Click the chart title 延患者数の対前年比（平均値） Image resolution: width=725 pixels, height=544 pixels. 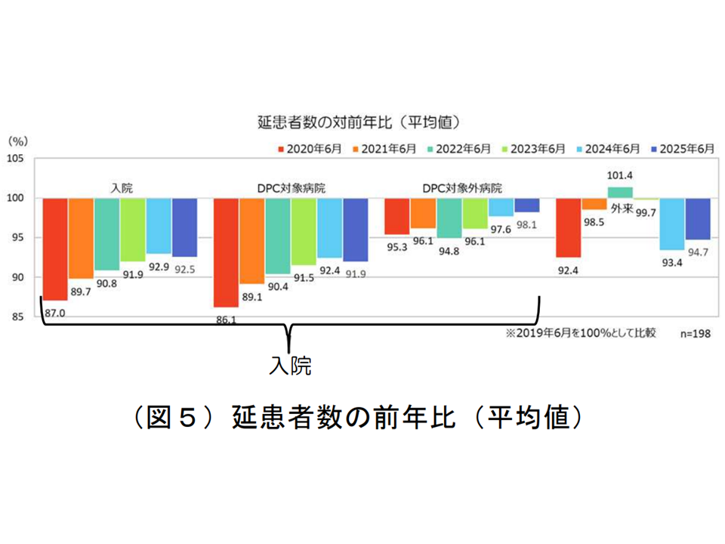(359, 121)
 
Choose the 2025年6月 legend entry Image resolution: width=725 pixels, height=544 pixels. (683, 149)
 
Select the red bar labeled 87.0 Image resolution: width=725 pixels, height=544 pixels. (55, 249)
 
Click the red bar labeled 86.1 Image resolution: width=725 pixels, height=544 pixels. (226, 252)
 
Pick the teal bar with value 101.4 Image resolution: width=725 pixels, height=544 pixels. (620, 192)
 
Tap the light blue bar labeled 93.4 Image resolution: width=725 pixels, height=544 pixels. (671, 224)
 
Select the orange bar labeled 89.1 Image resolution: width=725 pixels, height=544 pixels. (251, 241)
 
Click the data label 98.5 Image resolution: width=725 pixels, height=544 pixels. (594, 221)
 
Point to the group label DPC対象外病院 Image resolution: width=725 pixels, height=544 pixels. (461, 187)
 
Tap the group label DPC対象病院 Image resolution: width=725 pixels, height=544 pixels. (291, 187)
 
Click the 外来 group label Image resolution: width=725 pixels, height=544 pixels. (622, 209)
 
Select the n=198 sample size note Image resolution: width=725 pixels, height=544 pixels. (696, 332)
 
